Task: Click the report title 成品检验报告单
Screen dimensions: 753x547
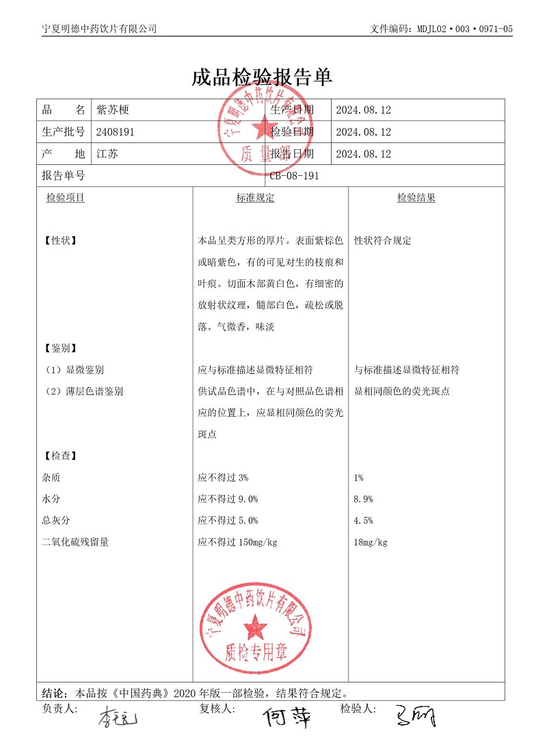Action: [262, 77]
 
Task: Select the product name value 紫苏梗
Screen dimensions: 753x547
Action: [113, 110]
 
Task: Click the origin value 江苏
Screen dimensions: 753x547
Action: [107, 154]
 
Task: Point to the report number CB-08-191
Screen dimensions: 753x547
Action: [294, 176]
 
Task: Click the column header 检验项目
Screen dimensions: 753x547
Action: [65, 198]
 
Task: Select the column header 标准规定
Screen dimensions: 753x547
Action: [255, 198]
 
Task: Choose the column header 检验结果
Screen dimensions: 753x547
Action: [416, 198]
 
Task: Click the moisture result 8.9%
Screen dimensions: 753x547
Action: [363, 499]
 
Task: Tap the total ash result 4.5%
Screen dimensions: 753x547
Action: [363, 521]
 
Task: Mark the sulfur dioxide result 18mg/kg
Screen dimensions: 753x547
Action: [371, 543]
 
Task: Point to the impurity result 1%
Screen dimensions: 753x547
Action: [359, 478]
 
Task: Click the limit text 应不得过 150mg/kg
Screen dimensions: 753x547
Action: [237, 543]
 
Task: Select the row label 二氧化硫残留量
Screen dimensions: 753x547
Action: [75, 543]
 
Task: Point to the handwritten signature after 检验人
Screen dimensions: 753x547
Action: [414, 717]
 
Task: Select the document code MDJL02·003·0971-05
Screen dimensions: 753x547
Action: [441, 29]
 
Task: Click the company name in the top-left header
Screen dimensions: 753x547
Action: [99, 29]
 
